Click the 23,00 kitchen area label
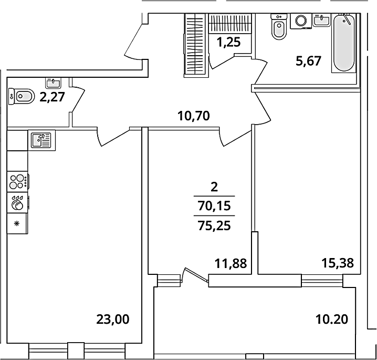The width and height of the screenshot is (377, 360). (x=113, y=320)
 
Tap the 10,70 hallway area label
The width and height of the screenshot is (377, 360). (x=194, y=116)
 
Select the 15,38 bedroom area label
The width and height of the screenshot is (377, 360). (x=338, y=263)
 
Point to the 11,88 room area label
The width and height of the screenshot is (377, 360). (x=231, y=263)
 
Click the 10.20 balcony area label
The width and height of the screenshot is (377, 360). (x=332, y=320)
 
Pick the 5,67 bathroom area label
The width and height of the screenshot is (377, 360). (x=308, y=61)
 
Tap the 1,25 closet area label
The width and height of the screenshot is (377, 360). (x=228, y=43)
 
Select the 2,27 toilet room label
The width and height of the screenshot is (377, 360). (x=52, y=97)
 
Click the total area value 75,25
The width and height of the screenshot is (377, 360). (x=214, y=225)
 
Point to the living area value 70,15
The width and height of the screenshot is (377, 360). (x=214, y=206)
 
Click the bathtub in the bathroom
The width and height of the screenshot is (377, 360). (x=344, y=43)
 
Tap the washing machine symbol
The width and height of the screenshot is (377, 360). (x=301, y=21)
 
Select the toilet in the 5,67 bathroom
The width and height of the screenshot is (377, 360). (x=279, y=26)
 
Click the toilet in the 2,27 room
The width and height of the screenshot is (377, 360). (x=20, y=96)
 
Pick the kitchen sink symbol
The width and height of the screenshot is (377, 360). (x=41, y=140)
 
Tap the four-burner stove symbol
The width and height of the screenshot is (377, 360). (x=18, y=182)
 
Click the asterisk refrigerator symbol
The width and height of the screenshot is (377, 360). (x=17, y=223)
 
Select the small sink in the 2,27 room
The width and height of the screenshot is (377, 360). (x=53, y=83)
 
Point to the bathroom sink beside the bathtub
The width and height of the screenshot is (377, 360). (x=321, y=20)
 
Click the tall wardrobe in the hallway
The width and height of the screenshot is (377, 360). (x=196, y=45)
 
